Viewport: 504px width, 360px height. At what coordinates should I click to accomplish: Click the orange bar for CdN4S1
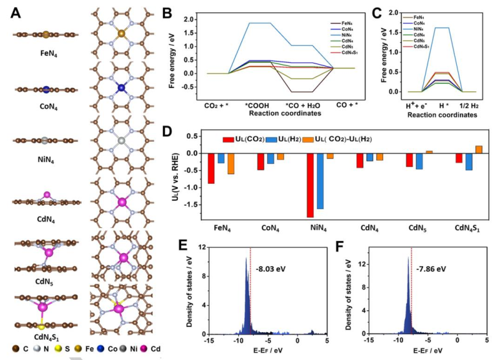[x=479, y=150]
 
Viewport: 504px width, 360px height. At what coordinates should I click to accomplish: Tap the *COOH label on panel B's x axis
[x=253, y=104]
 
